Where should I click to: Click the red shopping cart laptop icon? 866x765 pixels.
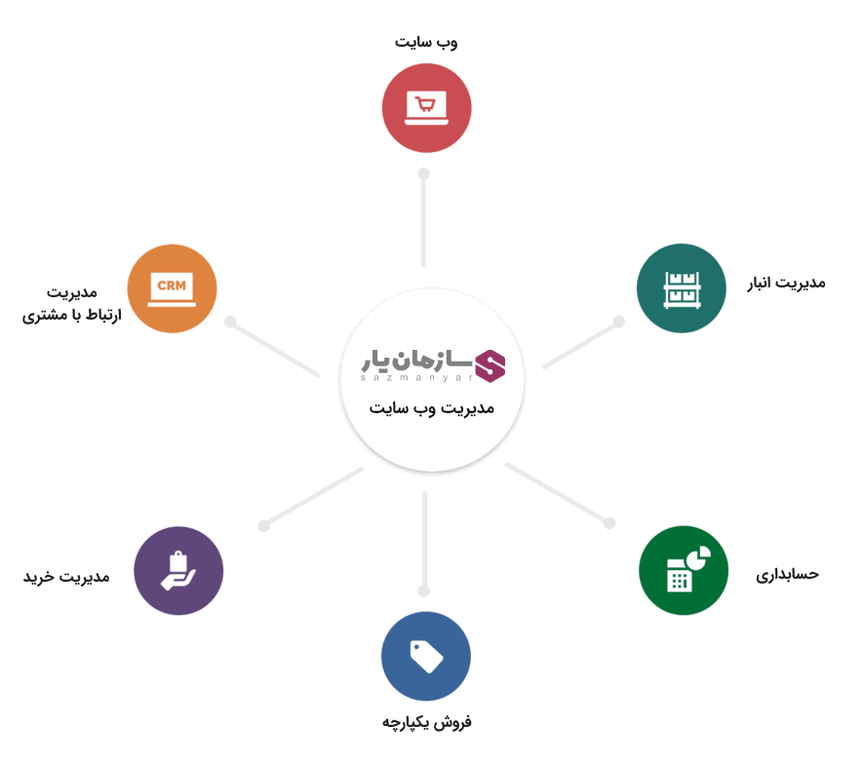[426, 107]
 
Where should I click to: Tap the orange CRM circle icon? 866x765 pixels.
[172, 288]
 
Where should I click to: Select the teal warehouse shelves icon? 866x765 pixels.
[681, 288]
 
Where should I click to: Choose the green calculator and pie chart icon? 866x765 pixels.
[684, 570]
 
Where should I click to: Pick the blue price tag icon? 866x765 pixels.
[426, 657]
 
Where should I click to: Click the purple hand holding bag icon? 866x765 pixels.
[178, 570]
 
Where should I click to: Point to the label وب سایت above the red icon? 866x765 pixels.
[427, 42]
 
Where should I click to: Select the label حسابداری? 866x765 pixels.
[787, 574]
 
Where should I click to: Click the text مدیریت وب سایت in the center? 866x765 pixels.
[432, 407]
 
